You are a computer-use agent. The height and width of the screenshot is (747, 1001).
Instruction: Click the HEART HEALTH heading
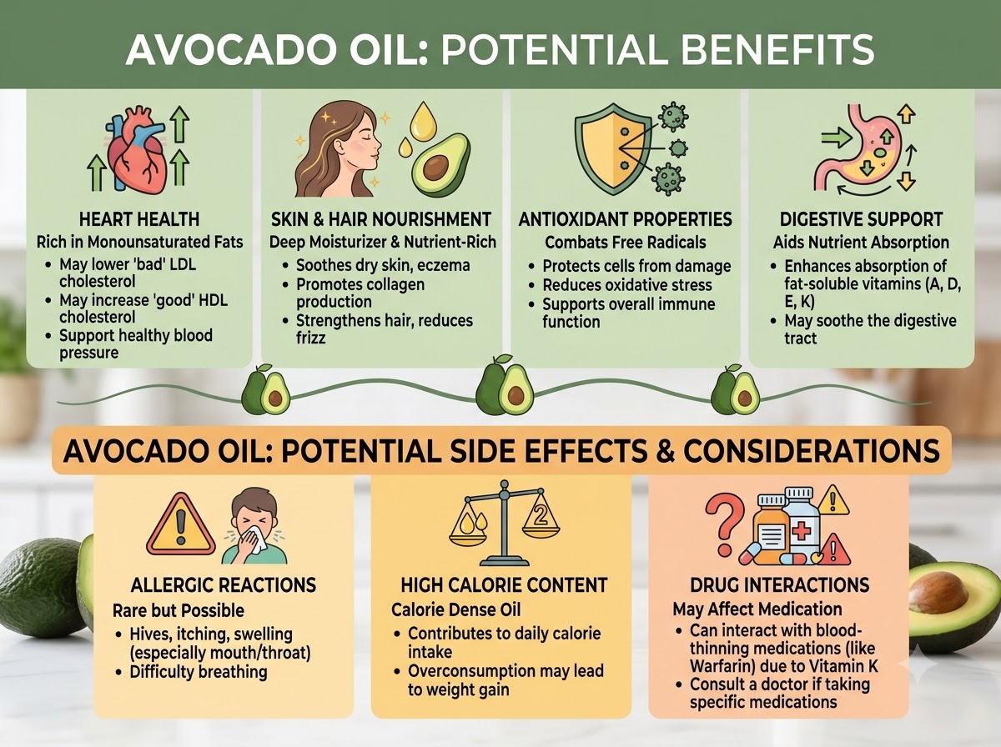tap(139, 219)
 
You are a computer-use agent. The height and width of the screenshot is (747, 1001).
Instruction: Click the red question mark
tap(724, 524)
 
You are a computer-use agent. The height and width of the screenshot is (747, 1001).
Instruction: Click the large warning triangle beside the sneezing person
tap(180, 526)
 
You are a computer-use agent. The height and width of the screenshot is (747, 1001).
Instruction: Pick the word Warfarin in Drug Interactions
tap(721, 666)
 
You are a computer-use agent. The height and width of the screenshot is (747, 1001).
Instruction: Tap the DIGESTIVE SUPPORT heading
tap(861, 219)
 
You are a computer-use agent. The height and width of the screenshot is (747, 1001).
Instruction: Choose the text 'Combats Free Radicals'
tap(626, 243)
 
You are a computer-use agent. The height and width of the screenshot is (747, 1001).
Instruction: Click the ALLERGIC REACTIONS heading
tap(224, 585)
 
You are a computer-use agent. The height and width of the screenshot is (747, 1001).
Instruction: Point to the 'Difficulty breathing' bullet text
tap(199, 672)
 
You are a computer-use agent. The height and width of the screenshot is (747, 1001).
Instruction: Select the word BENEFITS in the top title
tap(777, 49)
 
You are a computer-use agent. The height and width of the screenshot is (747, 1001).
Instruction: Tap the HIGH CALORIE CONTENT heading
tap(504, 585)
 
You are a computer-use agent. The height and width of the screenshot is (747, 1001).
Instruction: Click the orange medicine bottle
tap(771, 529)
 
